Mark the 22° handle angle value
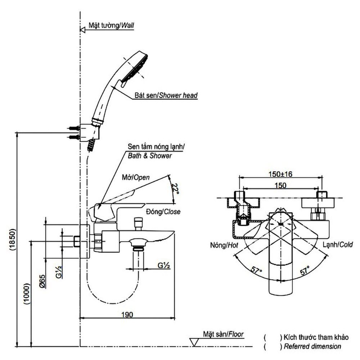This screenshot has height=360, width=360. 176,188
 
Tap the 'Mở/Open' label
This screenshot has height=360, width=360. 135,177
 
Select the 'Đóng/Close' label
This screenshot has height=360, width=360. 163,212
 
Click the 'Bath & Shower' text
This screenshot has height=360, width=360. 150,156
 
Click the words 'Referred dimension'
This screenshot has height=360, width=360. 312,346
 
